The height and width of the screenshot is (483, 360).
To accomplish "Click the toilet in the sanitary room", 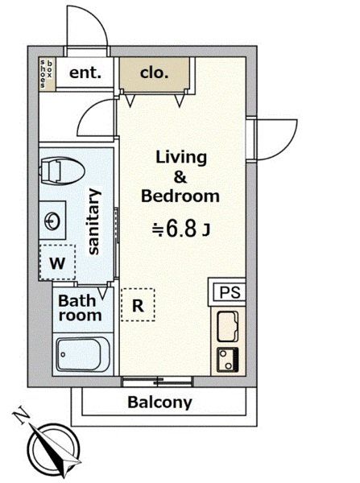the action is click(x=63, y=171).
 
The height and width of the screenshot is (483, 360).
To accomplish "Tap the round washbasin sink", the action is click(x=52, y=221).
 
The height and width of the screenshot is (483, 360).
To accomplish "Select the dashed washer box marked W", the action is click(x=58, y=262).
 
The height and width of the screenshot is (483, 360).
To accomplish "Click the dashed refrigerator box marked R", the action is click(x=138, y=304).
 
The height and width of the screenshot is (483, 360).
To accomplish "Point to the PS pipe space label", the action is click(x=230, y=292).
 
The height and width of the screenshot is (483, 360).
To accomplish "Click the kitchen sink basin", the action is click(x=228, y=326).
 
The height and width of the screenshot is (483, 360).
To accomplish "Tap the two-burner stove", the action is click(x=228, y=360).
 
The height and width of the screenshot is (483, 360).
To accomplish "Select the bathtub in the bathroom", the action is click(x=83, y=354).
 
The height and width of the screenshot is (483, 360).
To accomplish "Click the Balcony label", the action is click(x=159, y=402).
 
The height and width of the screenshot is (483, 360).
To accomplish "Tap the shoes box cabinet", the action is click(x=47, y=74).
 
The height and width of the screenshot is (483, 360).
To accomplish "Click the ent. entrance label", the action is click(x=85, y=73).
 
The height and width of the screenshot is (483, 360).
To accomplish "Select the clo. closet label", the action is click(x=154, y=73).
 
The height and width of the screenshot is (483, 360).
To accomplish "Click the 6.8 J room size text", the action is click(x=182, y=229).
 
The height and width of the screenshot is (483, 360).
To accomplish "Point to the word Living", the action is click(x=181, y=158).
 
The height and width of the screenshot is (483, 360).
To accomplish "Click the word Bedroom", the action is click(x=180, y=196).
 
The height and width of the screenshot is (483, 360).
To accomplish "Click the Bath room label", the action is click(x=80, y=308).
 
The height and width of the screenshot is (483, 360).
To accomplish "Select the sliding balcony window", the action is click(x=158, y=382).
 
